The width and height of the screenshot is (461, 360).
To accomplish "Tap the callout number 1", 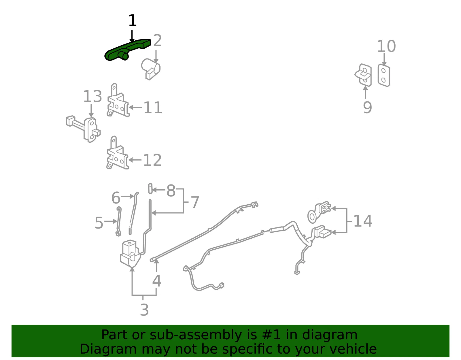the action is coord(132,20).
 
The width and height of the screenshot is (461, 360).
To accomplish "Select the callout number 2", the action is coord(157,40).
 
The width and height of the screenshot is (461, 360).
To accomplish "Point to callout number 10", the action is coord(386,46).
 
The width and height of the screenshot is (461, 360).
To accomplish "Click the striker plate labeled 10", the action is coord(384,76).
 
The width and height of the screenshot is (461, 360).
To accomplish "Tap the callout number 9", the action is coord(367,107).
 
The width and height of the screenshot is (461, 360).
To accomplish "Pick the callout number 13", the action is coord(92,96).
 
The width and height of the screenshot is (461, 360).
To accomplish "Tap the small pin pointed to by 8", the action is coord(150,189).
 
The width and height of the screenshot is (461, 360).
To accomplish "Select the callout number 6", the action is coord(116,198).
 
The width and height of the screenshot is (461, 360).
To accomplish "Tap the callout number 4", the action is coord(157,281).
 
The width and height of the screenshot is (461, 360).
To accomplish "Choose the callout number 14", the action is coord(363,221).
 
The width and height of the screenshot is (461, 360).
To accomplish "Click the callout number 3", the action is coord(144,310).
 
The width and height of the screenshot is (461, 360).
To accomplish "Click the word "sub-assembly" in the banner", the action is coord(196,335).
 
